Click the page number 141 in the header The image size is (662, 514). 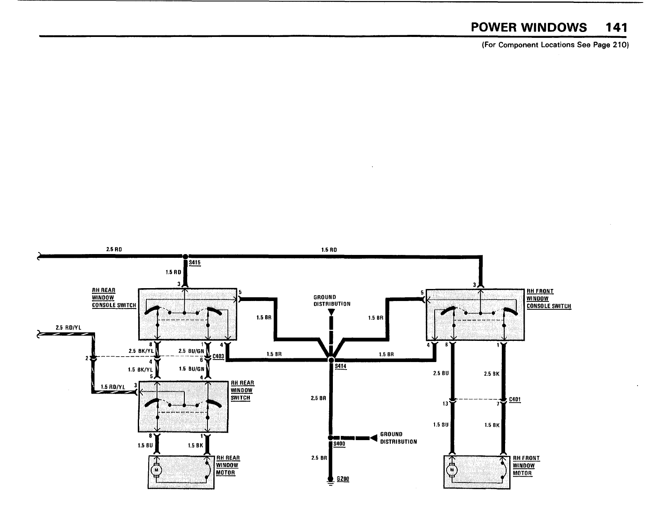click(x=616, y=27)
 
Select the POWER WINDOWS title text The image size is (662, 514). click(x=529, y=27)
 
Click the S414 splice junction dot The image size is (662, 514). click(x=331, y=360)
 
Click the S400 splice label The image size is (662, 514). click(x=340, y=444)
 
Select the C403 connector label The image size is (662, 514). click(x=218, y=356)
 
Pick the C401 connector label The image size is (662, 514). click(x=515, y=400)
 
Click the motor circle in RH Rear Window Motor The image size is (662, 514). click(x=156, y=470)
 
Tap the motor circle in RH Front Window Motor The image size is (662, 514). click(x=452, y=470)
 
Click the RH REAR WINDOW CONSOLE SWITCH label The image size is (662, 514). click(x=114, y=298)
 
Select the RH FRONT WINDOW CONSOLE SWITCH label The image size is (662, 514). click(x=549, y=299)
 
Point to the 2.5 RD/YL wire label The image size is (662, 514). click(x=68, y=328)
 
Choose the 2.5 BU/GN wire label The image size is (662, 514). click(x=191, y=351)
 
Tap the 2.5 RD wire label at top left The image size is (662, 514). click(x=114, y=250)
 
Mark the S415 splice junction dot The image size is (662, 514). click(x=185, y=257)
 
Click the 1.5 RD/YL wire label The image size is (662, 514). click(x=113, y=387)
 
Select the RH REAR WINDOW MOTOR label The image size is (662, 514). click(x=228, y=465)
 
